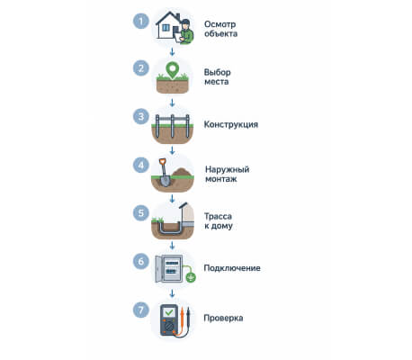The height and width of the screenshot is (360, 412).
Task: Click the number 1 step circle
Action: point(141,21)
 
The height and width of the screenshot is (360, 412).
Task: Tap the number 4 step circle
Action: point(141,165)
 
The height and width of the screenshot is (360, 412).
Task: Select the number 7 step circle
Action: point(141,310)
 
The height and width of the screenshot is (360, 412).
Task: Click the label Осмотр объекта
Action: point(220,29)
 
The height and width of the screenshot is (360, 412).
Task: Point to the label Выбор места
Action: point(218,76)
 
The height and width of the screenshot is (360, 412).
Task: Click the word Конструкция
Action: point(231,124)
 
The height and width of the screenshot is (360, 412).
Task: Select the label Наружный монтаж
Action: point(227,174)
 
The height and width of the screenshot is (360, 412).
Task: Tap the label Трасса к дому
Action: point(219,221)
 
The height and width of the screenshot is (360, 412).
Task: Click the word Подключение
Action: point(232,268)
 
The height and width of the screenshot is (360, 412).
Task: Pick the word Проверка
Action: point(223,318)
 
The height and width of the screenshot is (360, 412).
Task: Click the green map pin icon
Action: point(173,70)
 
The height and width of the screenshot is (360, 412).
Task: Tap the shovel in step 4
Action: point(164,173)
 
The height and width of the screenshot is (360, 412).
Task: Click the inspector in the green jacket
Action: point(185,31)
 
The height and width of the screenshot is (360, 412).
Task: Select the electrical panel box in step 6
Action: point(169,269)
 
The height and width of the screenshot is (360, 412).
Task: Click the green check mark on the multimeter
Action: point(169,312)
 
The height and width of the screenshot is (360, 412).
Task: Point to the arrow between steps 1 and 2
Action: point(172,52)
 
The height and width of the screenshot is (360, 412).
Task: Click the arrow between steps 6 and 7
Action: point(172,293)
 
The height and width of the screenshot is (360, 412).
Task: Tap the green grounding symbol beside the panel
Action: point(191,277)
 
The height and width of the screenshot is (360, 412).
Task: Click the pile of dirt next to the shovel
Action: point(182,173)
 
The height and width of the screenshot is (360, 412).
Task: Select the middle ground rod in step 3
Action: point(173,126)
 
